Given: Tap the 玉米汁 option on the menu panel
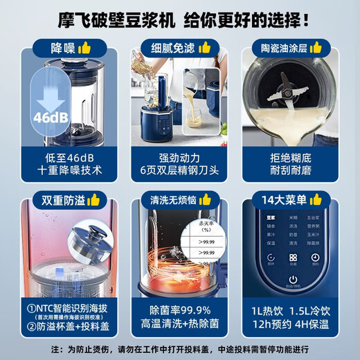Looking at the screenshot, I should [x=316, y=233].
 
